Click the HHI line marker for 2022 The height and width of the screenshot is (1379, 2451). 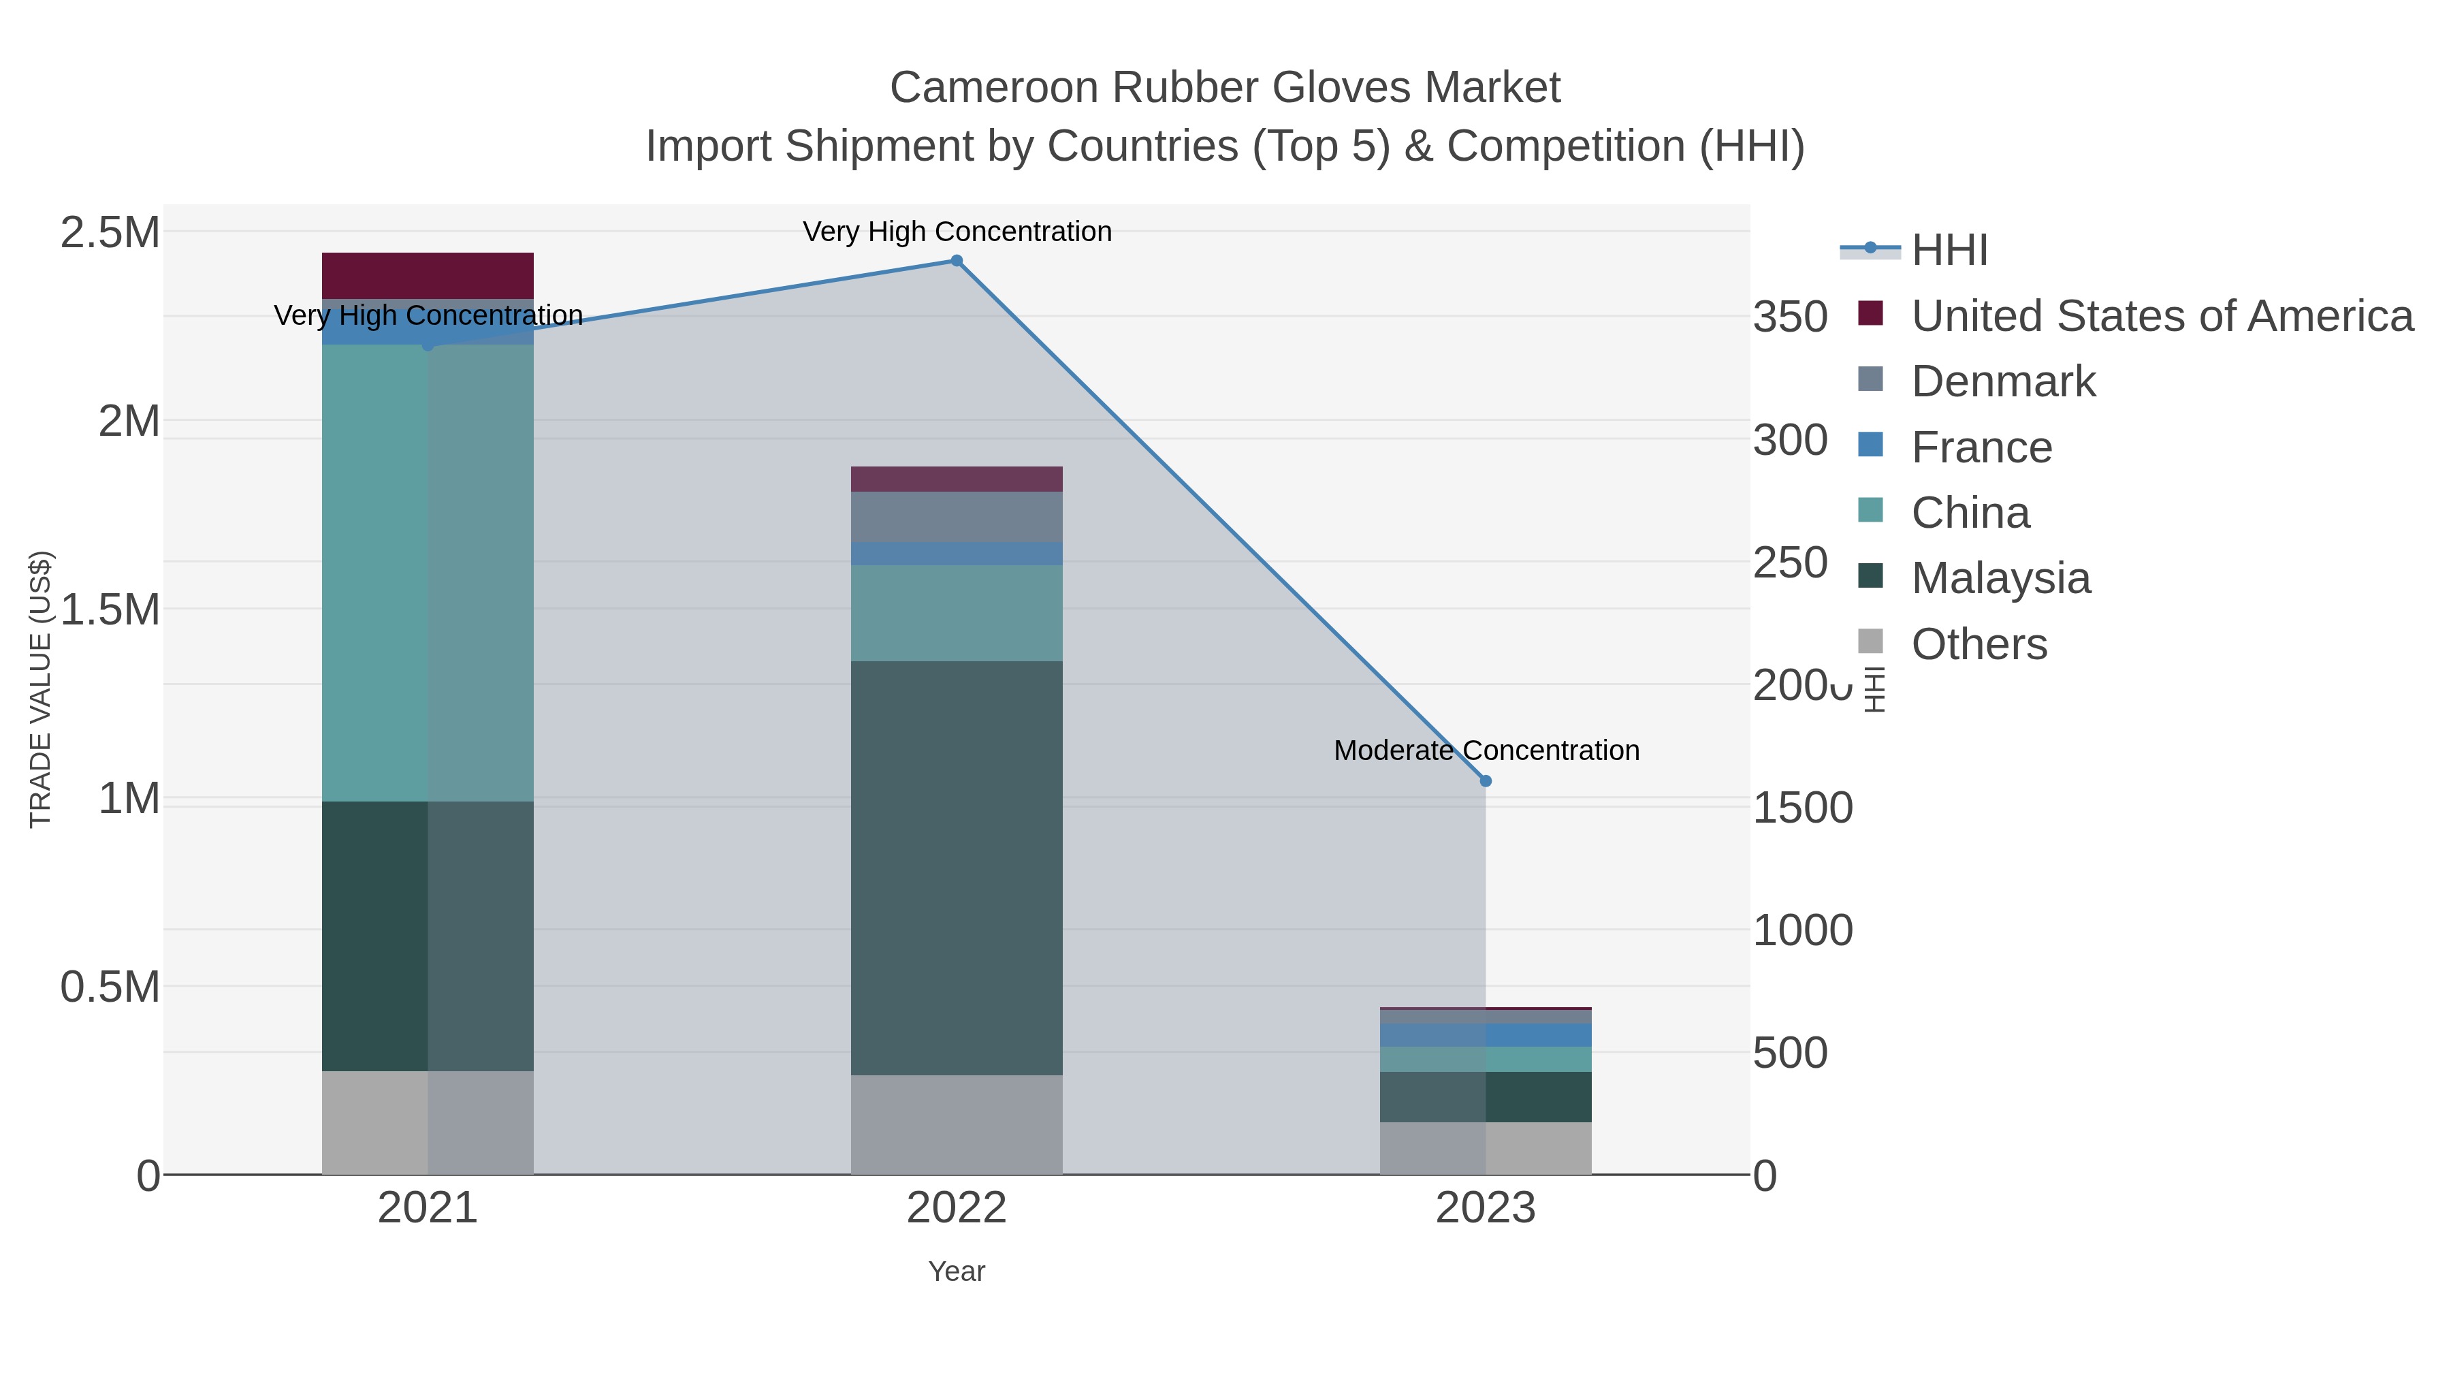957,261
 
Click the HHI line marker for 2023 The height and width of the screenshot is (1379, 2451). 1486,780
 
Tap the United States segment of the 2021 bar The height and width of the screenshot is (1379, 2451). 427,276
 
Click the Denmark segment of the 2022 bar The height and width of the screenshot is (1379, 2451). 957,517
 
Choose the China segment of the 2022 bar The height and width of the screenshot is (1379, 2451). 957,613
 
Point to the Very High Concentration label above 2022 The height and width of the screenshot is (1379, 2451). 957,232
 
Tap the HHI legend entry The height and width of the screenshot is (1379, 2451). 1949,251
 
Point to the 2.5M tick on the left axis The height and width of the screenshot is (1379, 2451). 110,233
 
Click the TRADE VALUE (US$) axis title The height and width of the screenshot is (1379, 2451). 40,689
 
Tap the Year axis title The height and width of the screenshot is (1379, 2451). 957,1271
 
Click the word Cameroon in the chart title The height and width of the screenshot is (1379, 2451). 993,88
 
